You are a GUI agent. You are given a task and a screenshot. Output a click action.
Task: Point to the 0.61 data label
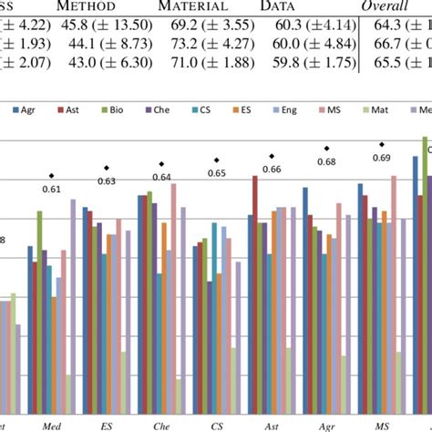[51, 189]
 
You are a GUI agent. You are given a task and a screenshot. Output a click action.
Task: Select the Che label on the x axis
[160, 424]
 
